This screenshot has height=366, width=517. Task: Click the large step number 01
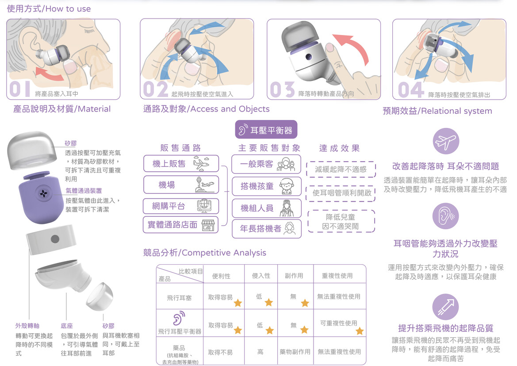click(20, 89)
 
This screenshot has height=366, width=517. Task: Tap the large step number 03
click(282, 89)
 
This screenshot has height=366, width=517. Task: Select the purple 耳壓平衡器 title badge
click(266, 130)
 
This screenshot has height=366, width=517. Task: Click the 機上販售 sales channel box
click(181, 164)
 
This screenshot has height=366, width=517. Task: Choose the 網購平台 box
click(181, 206)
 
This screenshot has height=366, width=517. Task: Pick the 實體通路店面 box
click(181, 225)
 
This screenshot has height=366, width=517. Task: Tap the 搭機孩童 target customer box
click(266, 186)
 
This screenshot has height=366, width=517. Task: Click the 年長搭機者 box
click(267, 228)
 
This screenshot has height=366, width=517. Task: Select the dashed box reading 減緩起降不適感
click(341, 170)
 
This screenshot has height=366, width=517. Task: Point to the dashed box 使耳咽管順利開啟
click(341, 193)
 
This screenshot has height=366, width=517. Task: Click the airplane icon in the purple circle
click(446, 141)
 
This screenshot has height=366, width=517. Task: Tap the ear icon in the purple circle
click(445, 216)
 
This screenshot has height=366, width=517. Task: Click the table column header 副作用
click(294, 276)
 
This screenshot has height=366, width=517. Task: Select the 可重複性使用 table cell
click(339, 323)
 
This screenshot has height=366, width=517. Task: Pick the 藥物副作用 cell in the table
click(295, 352)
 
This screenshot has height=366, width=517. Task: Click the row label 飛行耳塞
click(179, 298)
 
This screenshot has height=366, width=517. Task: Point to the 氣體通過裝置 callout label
click(84, 191)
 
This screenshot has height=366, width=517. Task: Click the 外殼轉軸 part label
click(27, 326)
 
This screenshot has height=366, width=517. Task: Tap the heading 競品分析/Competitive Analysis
click(204, 253)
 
